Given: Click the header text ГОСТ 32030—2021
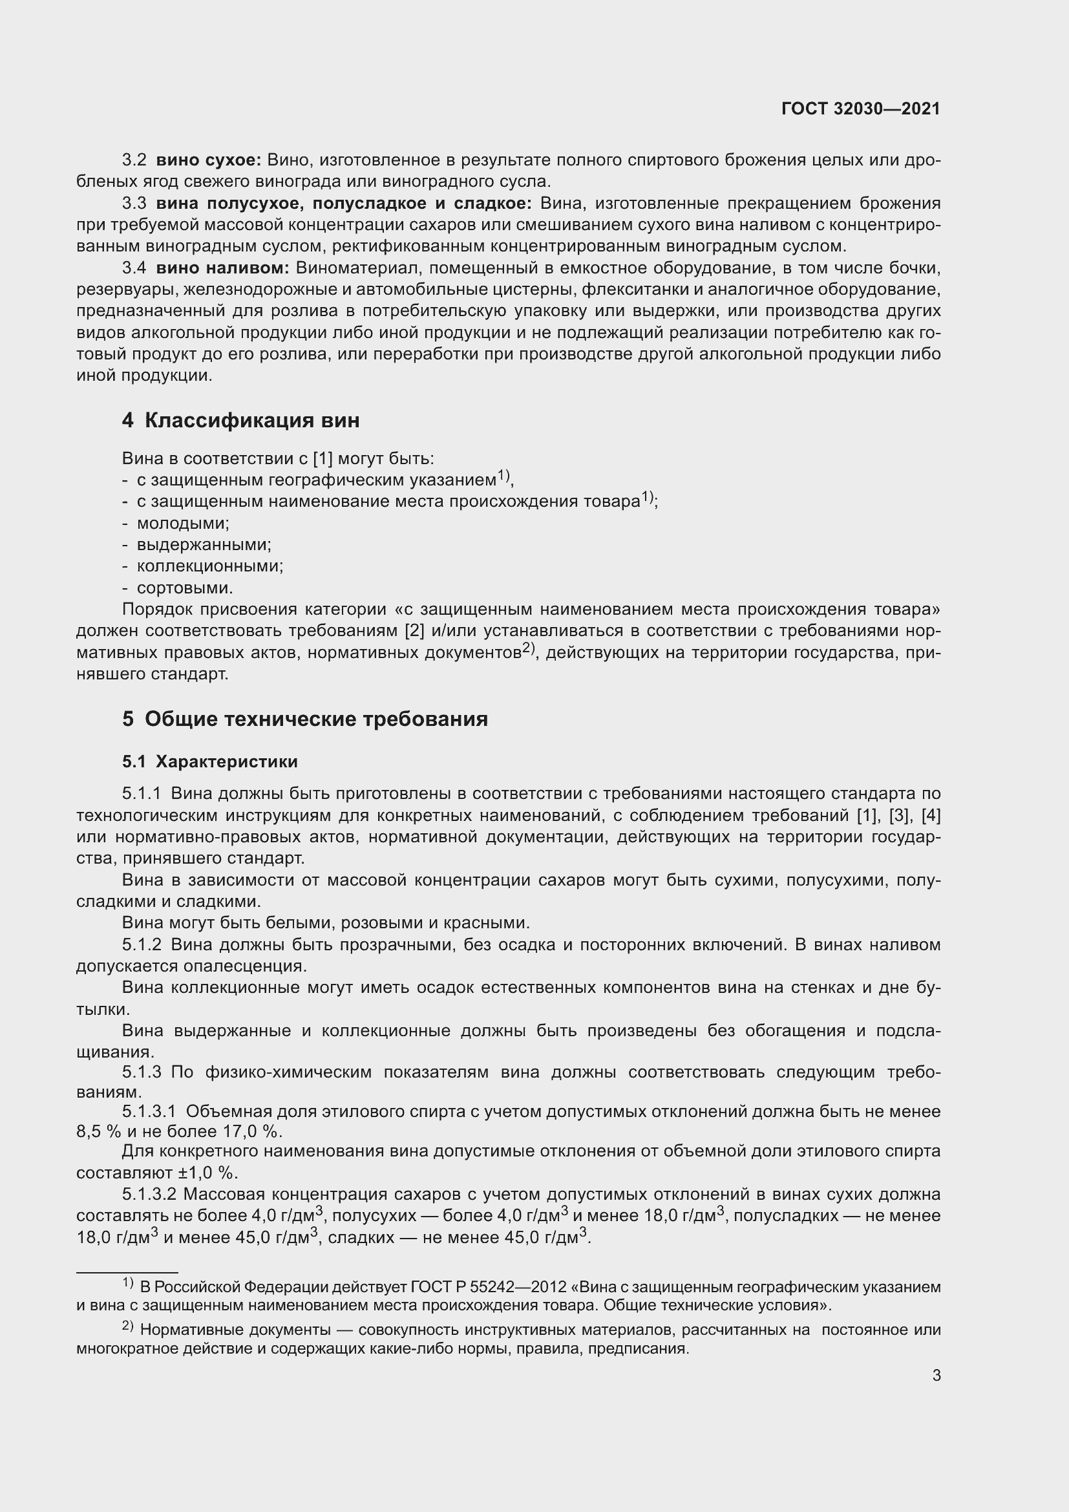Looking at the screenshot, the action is click(x=860, y=109).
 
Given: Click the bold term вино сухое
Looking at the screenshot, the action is click(x=208, y=160).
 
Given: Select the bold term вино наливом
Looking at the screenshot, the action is click(x=222, y=268).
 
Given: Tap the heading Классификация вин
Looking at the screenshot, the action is click(x=251, y=420).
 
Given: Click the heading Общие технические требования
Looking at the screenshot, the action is click(x=316, y=718).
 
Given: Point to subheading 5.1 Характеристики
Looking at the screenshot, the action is click(x=209, y=762).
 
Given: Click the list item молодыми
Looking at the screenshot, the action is click(x=182, y=524).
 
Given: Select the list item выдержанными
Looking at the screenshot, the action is click(x=204, y=544).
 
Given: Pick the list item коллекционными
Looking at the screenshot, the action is click(x=209, y=566).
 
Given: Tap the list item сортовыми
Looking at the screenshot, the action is click(x=184, y=588).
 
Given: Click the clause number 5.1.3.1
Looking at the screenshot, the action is click(x=149, y=1112).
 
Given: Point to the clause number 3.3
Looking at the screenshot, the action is click(x=134, y=204).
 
